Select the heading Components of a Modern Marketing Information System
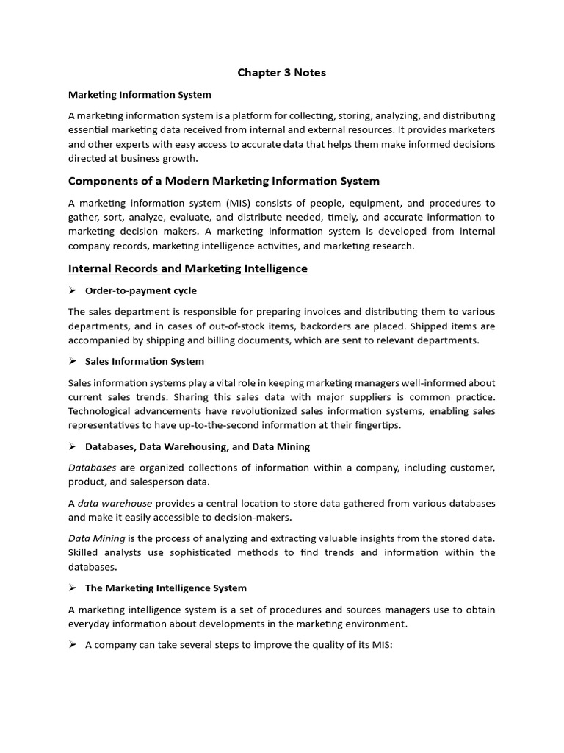[224, 181]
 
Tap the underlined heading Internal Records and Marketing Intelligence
[188, 268]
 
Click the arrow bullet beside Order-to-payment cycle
[73, 290]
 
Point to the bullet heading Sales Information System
[145, 361]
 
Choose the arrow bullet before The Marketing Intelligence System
[73, 588]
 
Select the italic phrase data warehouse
[115, 503]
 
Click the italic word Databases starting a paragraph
[93, 468]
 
